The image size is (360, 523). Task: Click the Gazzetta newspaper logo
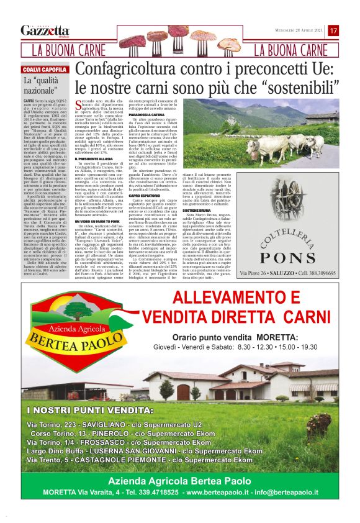tap(45, 30)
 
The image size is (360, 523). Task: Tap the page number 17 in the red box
tap(333, 30)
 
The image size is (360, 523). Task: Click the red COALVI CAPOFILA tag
tap(45, 70)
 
